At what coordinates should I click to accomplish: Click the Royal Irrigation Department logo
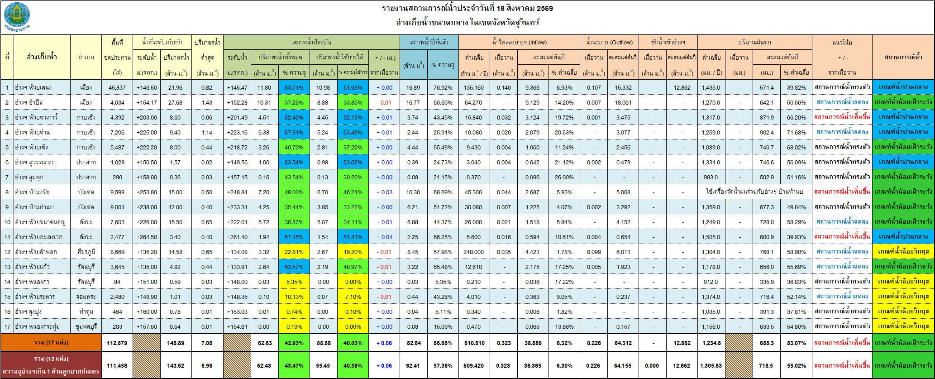[x=18, y=16]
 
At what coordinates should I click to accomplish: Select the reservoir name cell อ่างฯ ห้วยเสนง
[x=34, y=87]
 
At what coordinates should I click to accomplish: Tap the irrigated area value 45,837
[x=117, y=87]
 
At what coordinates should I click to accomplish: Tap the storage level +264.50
[x=148, y=237]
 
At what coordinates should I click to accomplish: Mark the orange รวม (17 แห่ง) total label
[x=52, y=343]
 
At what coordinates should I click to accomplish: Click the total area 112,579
[x=117, y=343]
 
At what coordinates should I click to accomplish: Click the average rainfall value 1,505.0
[x=711, y=237]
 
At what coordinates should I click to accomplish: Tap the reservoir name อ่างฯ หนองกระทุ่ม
[x=38, y=326]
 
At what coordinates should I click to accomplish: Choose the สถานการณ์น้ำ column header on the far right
[x=903, y=57]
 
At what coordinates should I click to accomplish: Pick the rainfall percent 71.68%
[x=795, y=132]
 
